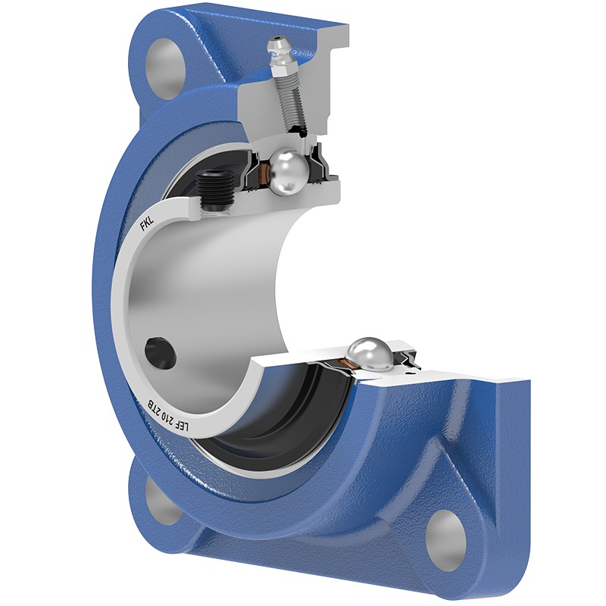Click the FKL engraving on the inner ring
147,225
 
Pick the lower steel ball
370,355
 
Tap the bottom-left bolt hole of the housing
155,501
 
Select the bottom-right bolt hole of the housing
445,533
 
